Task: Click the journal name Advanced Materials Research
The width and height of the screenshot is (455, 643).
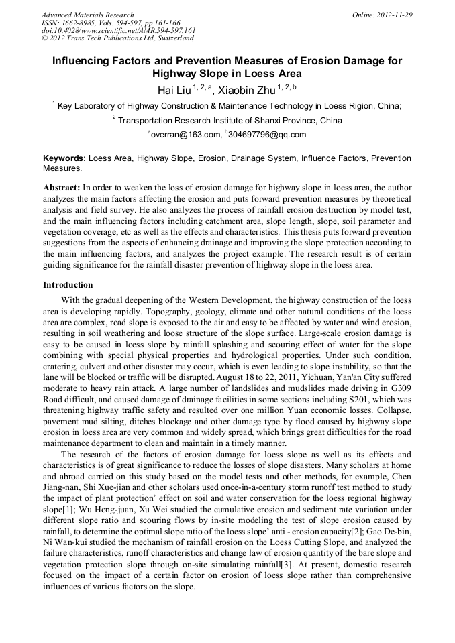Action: pos(87,15)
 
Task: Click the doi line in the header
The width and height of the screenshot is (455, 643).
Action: pos(118,30)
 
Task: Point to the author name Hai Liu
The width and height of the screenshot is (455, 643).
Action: pos(172,89)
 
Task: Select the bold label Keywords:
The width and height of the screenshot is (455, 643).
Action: pos(64,158)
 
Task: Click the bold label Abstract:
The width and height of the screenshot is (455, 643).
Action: pos(62,188)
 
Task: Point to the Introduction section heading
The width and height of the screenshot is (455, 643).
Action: pos(68,285)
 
